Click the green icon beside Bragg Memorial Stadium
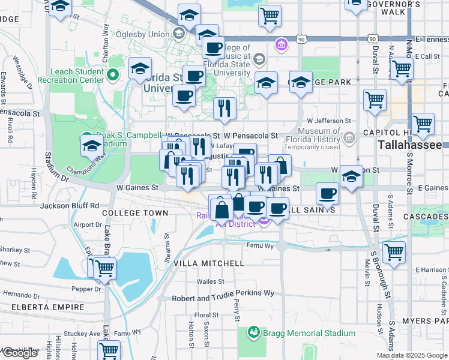pyautogui.click(x=253, y=332)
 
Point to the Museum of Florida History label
pyautogui.click(x=328, y=136)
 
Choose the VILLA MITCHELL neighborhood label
pyautogui.click(x=208, y=263)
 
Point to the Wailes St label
pyautogui.click(x=211, y=281)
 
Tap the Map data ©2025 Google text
pyautogui.click(x=411, y=355)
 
